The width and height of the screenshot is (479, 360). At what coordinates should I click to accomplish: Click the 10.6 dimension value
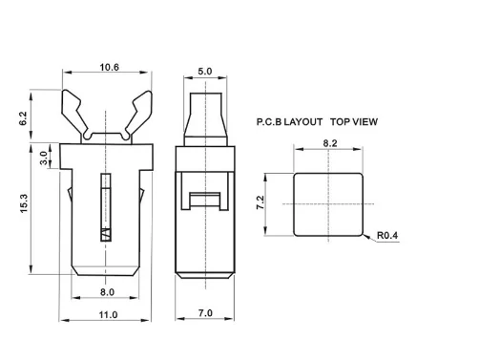click(x=109, y=68)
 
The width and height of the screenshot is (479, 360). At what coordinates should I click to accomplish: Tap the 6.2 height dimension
click(x=23, y=118)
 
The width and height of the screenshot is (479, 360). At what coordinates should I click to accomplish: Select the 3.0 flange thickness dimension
click(x=44, y=158)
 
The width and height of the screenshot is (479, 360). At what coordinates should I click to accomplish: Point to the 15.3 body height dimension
click(x=24, y=203)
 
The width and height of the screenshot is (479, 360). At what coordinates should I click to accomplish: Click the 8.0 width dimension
click(x=107, y=292)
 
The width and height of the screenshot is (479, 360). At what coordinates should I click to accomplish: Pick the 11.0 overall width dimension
click(x=108, y=315)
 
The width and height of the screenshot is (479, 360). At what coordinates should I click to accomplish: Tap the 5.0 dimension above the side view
click(x=205, y=72)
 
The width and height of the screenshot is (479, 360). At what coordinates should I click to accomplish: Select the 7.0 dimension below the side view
click(x=205, y=313)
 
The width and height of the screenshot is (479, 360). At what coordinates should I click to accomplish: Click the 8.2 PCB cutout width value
click(x=330, y=143)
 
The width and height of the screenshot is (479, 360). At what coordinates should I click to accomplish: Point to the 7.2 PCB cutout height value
click(x=260, y=202)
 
